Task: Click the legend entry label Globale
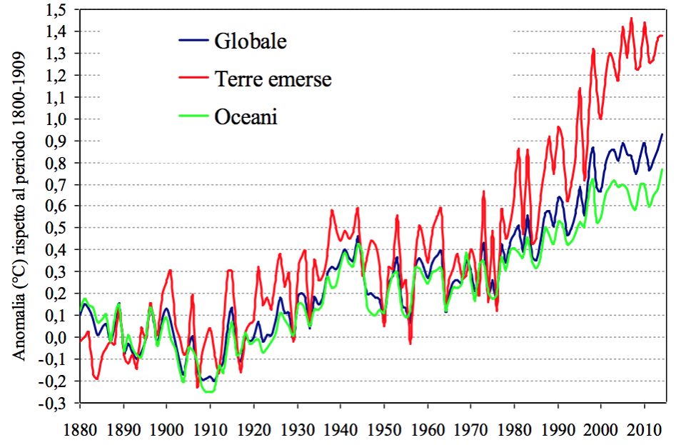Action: [x=250, y=41]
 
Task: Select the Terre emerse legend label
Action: [x=273, y=79]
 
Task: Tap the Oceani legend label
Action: [x=246, y=116]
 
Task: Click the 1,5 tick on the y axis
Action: [x=59, y=10]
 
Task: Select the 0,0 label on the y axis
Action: [x=59, y=337]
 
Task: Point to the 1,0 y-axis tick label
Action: [x=59, y=119]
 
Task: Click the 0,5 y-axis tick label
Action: [x=59, y=228]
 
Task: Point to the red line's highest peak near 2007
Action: [x=631, y=19]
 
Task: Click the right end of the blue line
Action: [x=662, y=134]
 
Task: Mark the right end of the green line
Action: [x=662, y=169]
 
